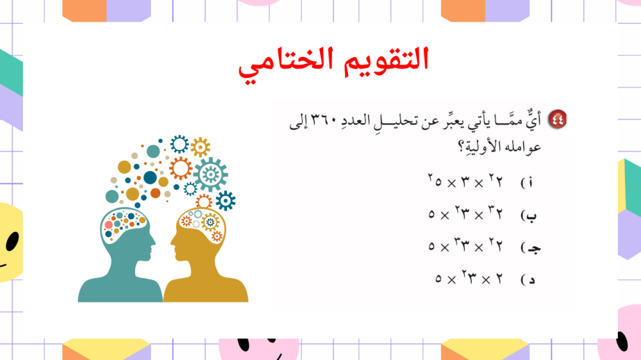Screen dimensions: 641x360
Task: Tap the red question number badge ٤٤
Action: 557,119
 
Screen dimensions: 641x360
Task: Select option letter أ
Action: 530,183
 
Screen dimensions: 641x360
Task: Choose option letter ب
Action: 530,216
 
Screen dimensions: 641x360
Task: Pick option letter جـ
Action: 533,248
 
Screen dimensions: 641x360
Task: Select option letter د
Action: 531,280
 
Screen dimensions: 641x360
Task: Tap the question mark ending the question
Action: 462,146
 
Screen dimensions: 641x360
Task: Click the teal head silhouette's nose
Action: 154,246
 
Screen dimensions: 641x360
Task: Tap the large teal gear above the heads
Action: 210,174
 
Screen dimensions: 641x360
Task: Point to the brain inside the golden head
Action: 201,225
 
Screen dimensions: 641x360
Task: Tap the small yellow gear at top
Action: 200,147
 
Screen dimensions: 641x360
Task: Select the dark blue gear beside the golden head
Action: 225,200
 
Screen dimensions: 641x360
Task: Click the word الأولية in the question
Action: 485,146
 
